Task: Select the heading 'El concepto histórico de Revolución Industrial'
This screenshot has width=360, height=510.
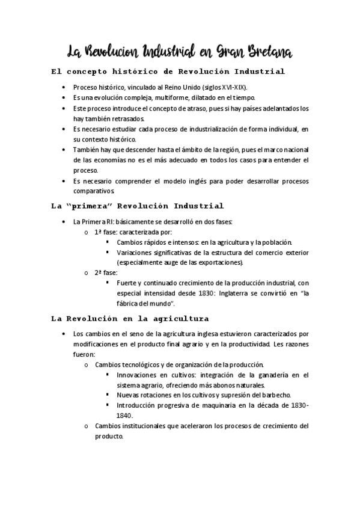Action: coord(168,72)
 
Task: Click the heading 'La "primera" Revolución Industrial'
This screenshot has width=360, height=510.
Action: coord(138,206)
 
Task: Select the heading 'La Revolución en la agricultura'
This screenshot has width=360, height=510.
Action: coord(130,319)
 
